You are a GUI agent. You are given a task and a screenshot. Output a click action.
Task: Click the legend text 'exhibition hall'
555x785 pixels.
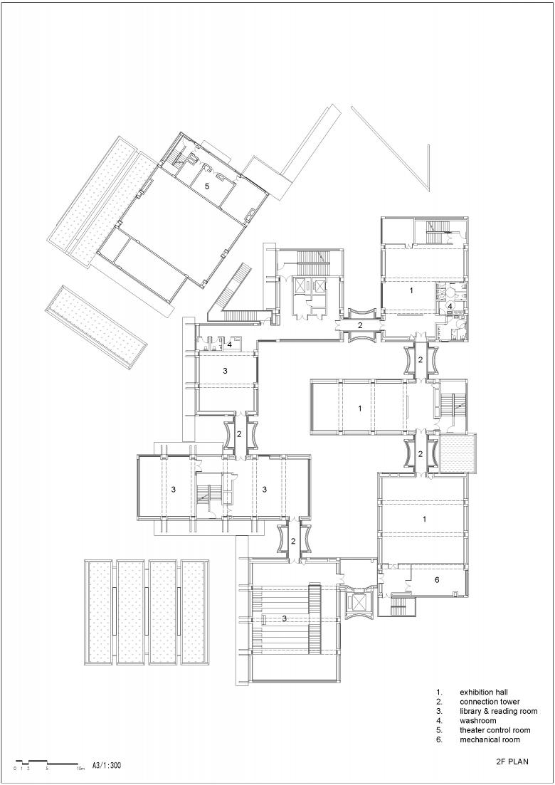click(484, 692)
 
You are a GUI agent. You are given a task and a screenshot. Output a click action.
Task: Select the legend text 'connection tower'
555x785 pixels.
click(490, 702)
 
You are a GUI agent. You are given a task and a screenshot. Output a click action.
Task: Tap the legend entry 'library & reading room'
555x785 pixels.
click(499, 712)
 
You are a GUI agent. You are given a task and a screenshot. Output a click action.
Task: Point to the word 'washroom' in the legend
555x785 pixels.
click(478, 721)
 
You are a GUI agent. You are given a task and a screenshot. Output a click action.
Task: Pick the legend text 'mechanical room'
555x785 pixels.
click(490, 740)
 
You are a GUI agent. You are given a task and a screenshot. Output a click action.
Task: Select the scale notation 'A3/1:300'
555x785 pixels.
click(107, 766)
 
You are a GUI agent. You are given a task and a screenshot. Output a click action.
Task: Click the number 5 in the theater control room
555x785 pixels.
click(206, 186)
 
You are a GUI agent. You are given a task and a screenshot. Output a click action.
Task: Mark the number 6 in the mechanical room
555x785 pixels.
click(437, 580)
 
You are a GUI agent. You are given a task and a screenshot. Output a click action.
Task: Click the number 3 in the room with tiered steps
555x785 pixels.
click(284, 618)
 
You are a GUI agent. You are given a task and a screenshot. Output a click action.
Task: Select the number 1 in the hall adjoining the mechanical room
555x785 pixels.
click(424, 519)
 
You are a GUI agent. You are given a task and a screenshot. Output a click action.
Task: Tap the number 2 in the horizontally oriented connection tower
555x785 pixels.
click(360, 325)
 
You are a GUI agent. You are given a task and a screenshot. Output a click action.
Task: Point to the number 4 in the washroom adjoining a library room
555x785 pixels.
click(230, 344)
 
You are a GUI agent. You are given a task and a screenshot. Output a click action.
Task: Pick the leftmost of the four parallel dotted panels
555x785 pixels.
click(99, 612)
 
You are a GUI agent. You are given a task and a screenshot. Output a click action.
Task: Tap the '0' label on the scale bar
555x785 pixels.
click(15, 768)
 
